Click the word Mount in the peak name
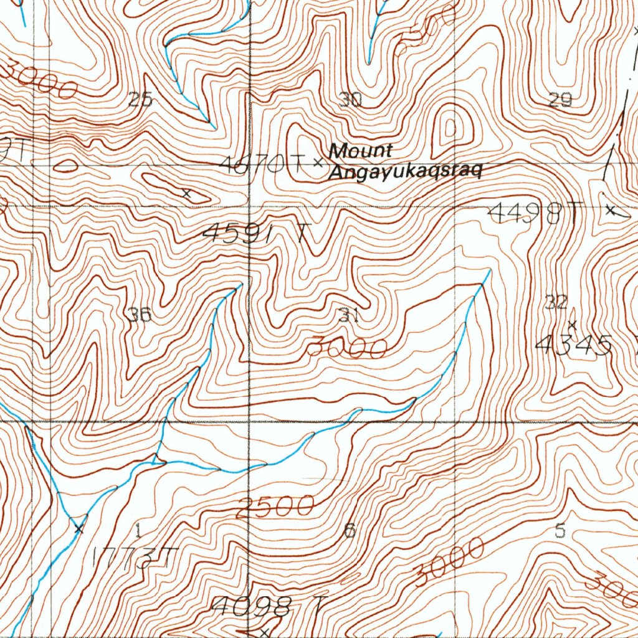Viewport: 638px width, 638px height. click(361, 150)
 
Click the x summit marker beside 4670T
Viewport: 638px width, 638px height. click(318, 163)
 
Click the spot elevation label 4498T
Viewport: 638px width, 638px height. click(533, 214)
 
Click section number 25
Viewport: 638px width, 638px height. click(140, 100)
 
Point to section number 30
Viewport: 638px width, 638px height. click(351, 100)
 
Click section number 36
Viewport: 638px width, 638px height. click(140, 315)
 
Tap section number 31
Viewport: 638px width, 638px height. click(349, 316)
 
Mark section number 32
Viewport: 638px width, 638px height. click(556, 303)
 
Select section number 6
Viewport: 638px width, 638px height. click(350, 531)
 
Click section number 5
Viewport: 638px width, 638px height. click(560, 531)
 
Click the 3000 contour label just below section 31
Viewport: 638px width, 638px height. click(347, 348)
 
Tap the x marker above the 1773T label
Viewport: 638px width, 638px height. click(79, 529)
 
